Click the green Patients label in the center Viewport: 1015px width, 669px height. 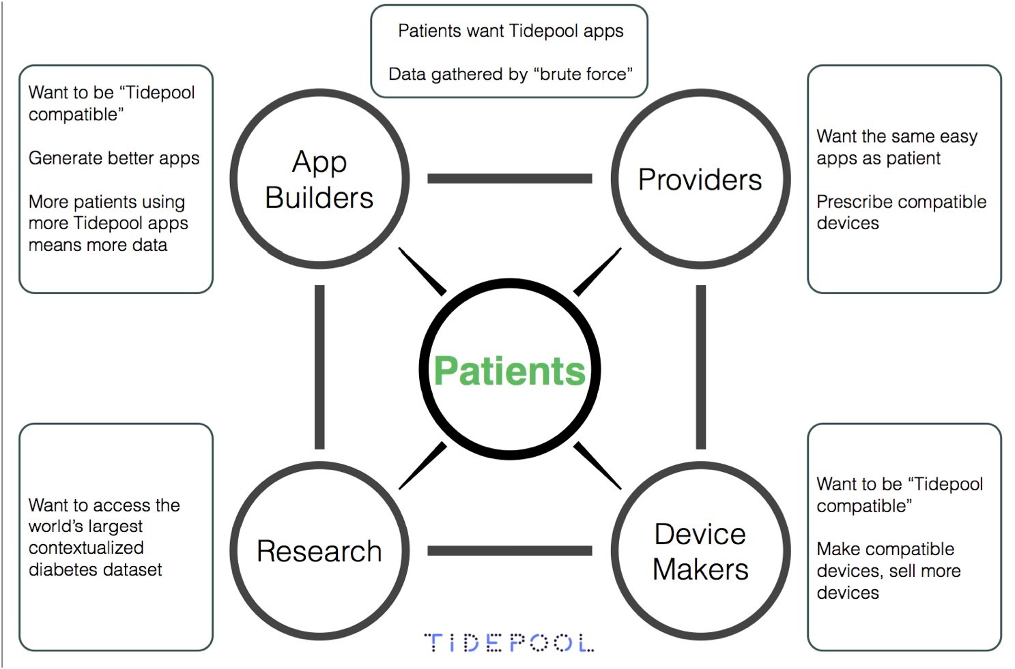coord(509,371)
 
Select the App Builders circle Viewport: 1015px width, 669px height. coord(319,179)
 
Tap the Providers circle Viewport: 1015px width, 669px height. coord(700,179)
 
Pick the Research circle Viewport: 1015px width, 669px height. coord(319,551)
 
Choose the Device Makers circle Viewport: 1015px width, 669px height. coord(700,551)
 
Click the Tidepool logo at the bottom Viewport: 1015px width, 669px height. coord(509,642)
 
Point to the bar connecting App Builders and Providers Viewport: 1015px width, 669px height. coord(509,179)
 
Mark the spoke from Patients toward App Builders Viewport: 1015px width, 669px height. coord(422,271)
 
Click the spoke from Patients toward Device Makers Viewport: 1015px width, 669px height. coord(597,466)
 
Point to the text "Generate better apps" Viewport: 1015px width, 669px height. coord(114,158)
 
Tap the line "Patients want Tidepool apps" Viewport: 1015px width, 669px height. coord(511,31)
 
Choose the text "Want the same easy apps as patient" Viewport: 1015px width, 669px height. coord(897,147)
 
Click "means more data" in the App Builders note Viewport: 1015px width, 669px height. coord(98,245)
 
